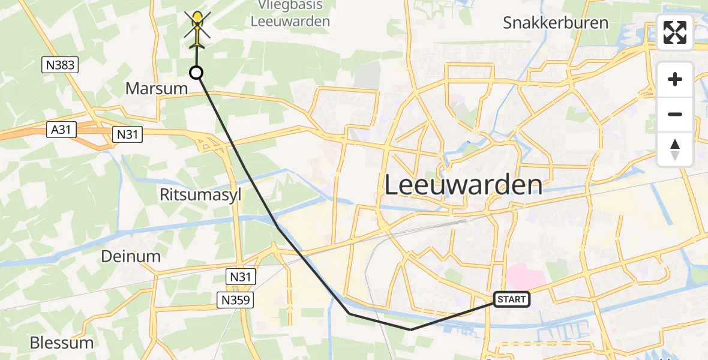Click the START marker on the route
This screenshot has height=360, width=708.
[x=512, y=299]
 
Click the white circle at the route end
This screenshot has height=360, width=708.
[x=196, y=73]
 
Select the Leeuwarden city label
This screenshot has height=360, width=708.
[x=463, y=185]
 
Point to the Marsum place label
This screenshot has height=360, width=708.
[x=156, y=88]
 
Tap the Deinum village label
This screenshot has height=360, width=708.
[x=131, y=256]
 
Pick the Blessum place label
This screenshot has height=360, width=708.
[x=62, y=343]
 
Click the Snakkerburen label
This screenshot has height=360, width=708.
[x=556, y=23]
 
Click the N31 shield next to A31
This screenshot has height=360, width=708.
[x=127, y=134]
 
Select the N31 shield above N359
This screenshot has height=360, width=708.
[x=241, y=277]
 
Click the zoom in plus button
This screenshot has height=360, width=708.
[x=675, y=79]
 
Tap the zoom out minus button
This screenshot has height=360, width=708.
[x=675, y=114]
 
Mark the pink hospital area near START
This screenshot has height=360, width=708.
[x=526, y=277]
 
